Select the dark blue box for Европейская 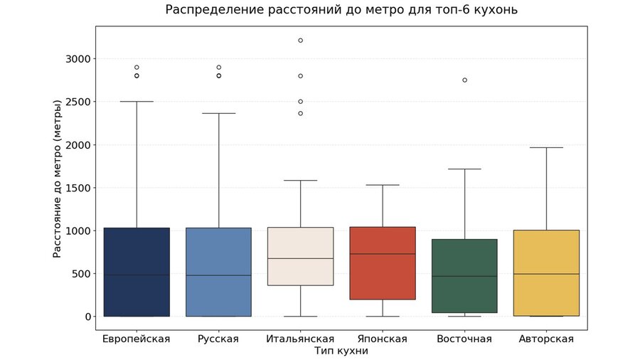[x=137, y=272]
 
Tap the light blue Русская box [x=218, y=272]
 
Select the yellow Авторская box [x=547, y=272]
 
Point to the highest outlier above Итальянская [x=301, y=41]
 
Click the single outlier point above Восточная [x=464, y=80]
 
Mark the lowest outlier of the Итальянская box [x=301, y=113]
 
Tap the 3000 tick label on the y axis [x=75, y=58]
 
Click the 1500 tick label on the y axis [x=75, y=188]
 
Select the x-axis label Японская [x=383, y=339]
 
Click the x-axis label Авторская [x=547, y=339]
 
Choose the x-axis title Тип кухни [x=341, y=351]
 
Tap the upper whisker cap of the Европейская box [x=137, y=102]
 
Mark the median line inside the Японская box [x=383, y=254]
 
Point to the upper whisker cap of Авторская [x=547, y=147]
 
